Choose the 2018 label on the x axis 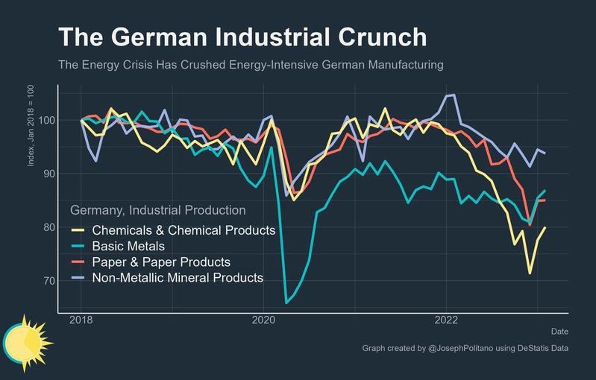[x=81, y=320]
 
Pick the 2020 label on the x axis [x=263, y=320]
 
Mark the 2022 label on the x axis [x=446, y=320]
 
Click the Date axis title [x=559, y=331]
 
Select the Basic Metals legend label [x=128, y=246]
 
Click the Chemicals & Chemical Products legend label [x=183, y=230]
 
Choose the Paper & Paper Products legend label [x=161, y=262]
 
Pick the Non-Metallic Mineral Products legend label [x=178, y=278]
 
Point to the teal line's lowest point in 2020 [x=286, y=302]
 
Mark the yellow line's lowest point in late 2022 [x=530, y=273]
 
